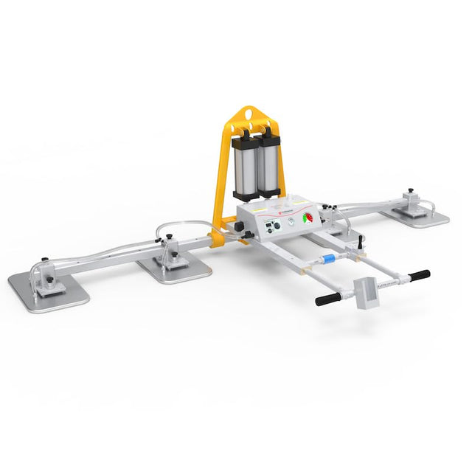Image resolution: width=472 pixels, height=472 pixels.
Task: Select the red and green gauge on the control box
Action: (308, 218)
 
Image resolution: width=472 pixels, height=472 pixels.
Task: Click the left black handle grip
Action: (327, 299)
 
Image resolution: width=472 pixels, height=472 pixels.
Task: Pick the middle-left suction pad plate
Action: (174, 266)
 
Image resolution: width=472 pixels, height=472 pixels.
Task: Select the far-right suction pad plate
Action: (420, 215)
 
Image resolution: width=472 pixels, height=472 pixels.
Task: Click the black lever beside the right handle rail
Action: (360, 242)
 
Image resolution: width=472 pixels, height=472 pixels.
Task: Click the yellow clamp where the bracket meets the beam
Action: (218, 238)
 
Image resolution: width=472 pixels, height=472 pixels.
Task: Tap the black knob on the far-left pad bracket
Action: (45, 260)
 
